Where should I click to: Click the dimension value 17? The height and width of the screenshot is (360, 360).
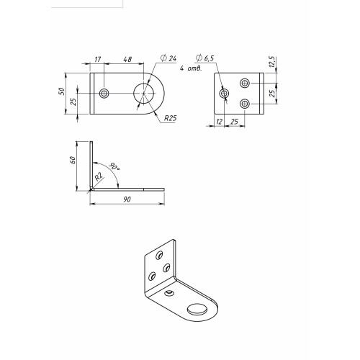[98, 59]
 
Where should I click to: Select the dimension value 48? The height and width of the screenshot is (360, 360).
[127, 59]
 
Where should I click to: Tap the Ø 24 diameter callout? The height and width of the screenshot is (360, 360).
[168, 58]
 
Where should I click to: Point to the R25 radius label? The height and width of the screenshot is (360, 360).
[170, 118]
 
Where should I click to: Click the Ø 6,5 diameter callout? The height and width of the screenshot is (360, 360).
[204, 58]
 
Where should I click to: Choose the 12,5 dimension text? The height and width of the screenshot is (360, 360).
[271, 62]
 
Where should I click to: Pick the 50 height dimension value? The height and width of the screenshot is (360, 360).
[62, 91]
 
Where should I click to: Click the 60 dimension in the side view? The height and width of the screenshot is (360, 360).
[72, 160]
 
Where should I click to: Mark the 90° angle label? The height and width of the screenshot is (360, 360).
[114, 166]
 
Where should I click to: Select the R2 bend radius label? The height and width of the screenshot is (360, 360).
[99, 177]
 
